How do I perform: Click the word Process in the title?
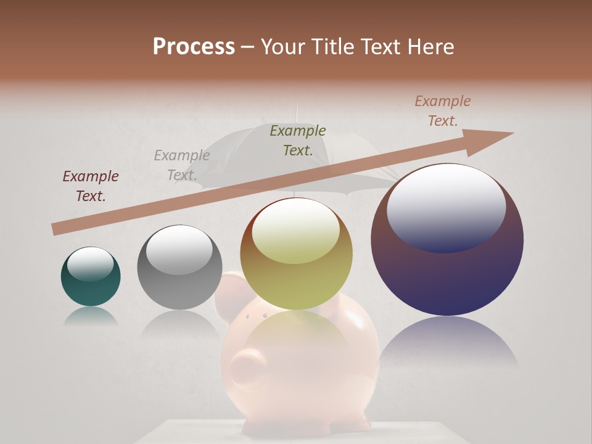(x=194, y=47)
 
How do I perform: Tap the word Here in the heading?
(x=430, y=47)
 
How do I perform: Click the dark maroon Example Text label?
(x=91, y=186)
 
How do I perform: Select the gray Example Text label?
(x=182, y=165)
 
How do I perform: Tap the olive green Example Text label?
(x=298, y=140)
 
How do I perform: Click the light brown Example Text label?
(x=443, y=110)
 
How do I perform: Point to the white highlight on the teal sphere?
(x=90, y=263)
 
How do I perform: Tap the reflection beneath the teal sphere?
(x=90, y=316)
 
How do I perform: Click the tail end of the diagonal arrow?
(x=57, y=229)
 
